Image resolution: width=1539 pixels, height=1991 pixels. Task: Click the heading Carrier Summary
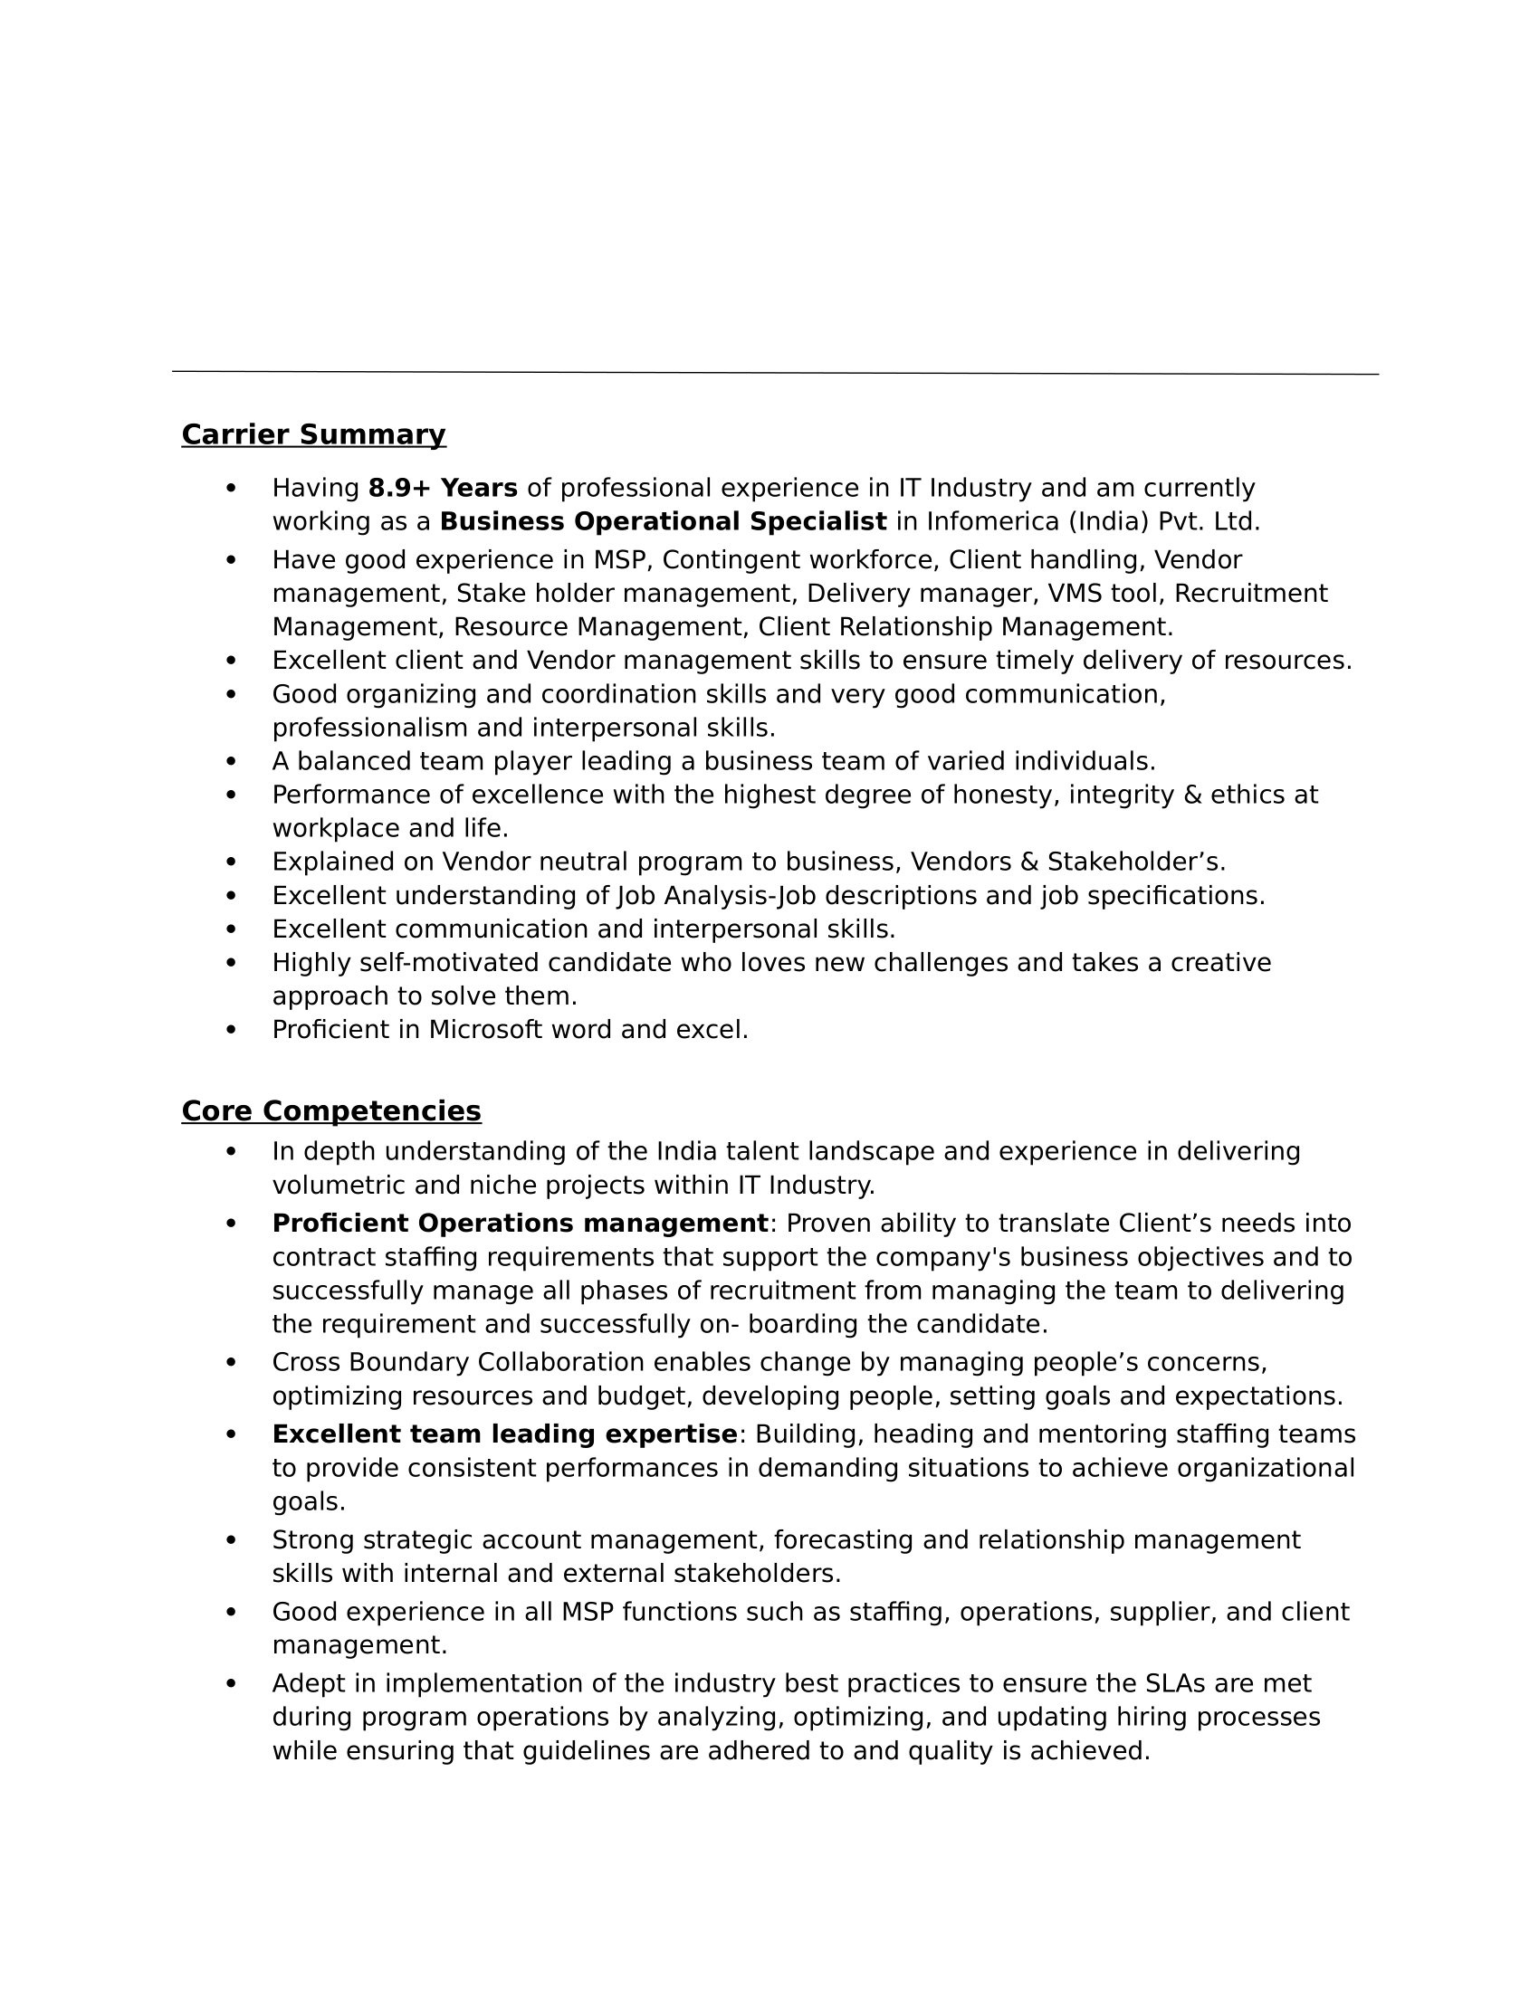tap(313, 433)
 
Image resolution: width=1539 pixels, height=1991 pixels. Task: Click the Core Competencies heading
tap(331, 1110)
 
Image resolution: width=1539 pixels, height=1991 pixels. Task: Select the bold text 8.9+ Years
tap(442, 488)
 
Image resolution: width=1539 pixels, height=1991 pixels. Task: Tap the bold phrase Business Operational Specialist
tap(663, 521)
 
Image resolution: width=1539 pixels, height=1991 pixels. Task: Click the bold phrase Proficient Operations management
tap(520, 1223)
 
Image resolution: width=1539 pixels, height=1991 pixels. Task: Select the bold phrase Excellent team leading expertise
tap(504, 1434)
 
